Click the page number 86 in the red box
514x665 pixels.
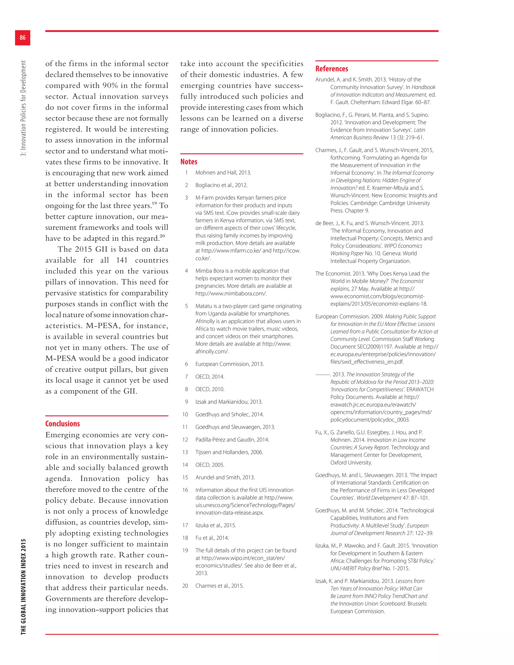click(23, 37)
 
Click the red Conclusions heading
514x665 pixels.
click(62, 424)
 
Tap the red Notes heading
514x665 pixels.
click(189, 162)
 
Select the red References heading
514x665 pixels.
click(332, 69)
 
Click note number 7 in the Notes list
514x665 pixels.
click(186, 377)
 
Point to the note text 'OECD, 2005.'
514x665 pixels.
click(210, 465)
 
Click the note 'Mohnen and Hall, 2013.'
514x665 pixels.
click(223, 173)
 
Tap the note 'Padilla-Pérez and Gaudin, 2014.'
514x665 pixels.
click(232, 439)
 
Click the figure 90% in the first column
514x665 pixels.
click(110, 86)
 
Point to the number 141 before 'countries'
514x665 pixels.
click(121, 260)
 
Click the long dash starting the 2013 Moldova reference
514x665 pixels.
click(323, 374)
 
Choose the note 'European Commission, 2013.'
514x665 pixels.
click(229, 364)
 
